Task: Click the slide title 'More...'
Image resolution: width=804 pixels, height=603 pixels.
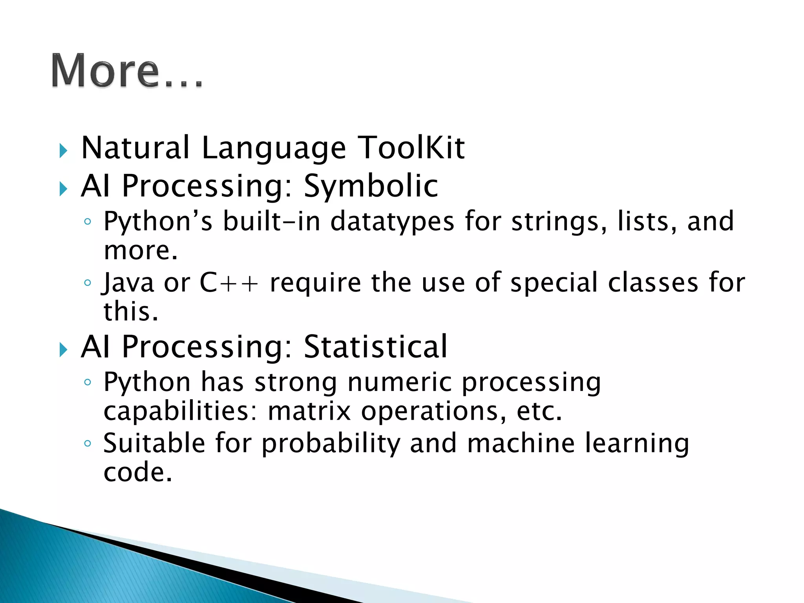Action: [x=127, y=71]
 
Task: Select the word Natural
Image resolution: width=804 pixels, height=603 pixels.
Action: [x=135, y=148]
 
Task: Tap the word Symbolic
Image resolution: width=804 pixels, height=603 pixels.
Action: [x=371, y=186]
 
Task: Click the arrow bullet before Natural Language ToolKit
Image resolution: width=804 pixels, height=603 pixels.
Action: [x=63, y=151]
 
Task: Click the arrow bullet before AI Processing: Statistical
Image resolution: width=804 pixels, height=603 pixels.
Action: [x=63, y=349]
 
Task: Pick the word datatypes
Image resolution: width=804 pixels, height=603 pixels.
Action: [x=392, y=221]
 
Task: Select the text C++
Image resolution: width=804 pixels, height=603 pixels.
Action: [x=229, y=283]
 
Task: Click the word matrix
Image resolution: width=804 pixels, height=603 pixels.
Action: [x=309, y=411]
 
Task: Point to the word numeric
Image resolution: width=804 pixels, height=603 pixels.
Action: [x=399, y=382]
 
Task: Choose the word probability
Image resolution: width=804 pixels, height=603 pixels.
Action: [x=331, y=444]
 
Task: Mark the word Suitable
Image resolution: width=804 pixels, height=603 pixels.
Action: [x=154, y=444]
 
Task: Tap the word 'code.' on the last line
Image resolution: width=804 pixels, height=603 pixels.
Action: [x=138, y=472]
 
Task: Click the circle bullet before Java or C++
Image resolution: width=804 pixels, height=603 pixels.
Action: [x=88, y=283]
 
